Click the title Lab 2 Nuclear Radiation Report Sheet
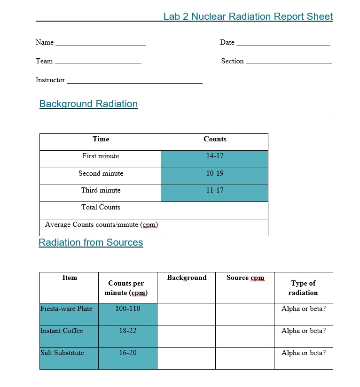(x=248, y=16)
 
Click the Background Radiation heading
(x=88, y=104)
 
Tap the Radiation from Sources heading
(x=91, y=242)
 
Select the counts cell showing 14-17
(x=214, y=156)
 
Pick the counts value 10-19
(x=214, y=174)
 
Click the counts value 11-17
(x=214, y=191)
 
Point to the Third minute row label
(x=101, y=191)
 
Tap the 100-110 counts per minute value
(x=127, y=309)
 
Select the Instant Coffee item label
(x=62, y=331)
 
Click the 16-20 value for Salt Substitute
(x=127, y=353)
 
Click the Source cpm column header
(x=245, y=278)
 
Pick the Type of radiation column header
(x=303, y=287)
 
